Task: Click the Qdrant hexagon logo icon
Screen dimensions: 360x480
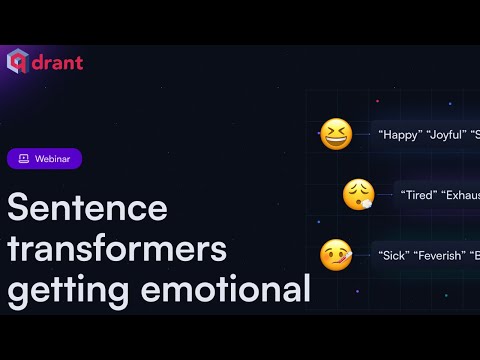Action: click(x=18, y=61)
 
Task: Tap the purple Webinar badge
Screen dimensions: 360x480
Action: click(x=44, y=158)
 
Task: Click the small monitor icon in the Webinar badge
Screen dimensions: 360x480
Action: click(x=23, y=158)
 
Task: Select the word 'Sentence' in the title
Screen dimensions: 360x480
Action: click(x=88, y=208)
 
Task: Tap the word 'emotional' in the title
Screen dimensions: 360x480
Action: click(x=229, y=291)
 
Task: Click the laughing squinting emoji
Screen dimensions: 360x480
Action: click(x=336, y=134)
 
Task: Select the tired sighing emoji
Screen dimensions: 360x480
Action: click(x=358, y=194)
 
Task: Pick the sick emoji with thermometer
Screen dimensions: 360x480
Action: click(x=336, y=255)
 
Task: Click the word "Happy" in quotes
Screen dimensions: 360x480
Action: click(x=400, y=135)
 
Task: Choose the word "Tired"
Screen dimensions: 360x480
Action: click(x=418, y=195)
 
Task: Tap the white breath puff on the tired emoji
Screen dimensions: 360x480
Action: click(x=368, y=203)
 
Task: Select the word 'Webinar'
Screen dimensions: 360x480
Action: click(x=53, y=158)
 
